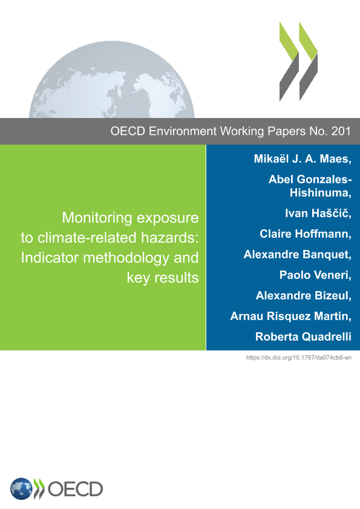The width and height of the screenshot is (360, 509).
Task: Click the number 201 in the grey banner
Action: tap(341, 131)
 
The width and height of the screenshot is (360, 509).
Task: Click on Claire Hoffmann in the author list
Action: tap(304, 234)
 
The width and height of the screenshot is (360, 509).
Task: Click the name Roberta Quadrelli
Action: tap(303, 337)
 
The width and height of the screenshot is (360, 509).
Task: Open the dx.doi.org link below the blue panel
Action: tap(299, 358)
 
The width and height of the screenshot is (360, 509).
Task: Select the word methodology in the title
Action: tap(126, 258)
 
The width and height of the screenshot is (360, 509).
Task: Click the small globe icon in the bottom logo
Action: tap(21, 489)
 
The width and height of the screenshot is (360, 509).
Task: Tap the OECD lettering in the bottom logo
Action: tap(75, 489)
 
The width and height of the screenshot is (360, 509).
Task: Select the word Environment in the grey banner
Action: tap(183, 131)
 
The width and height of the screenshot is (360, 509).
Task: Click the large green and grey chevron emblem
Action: tap(298, 61)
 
